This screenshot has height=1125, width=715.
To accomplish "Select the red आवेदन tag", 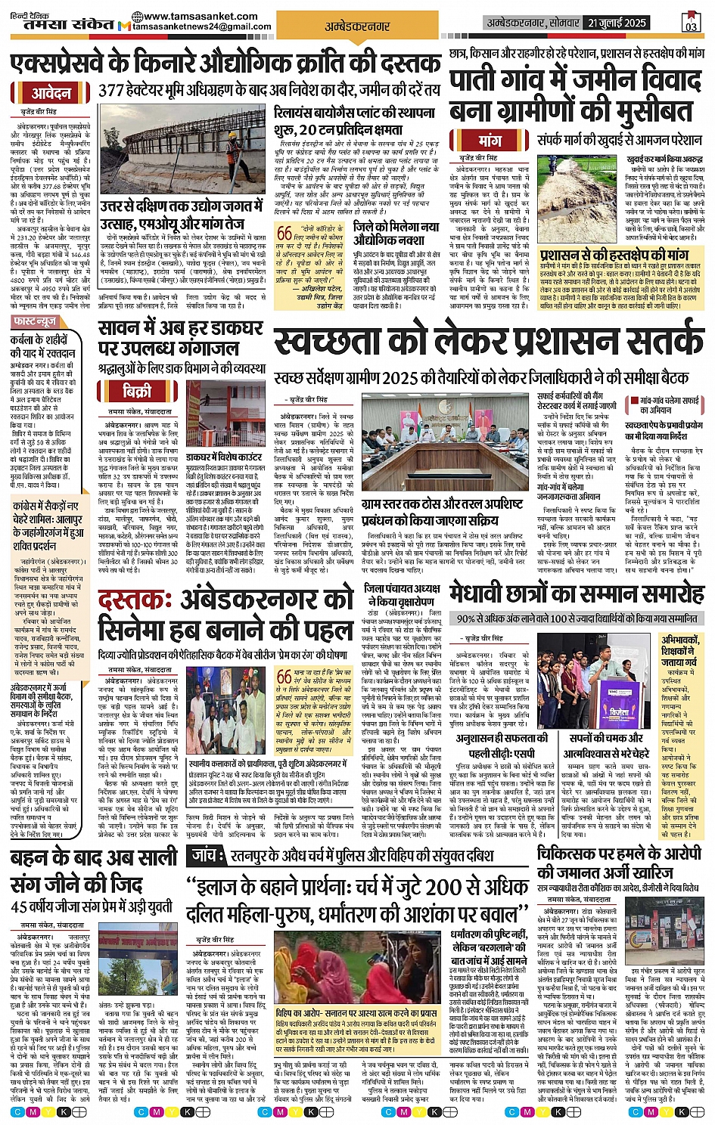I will pos(51,94).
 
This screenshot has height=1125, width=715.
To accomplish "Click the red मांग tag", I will pos(490,141).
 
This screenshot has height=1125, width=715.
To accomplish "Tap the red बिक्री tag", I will pos(136,391).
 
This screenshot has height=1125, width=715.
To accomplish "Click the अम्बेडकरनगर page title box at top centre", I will pos(357,26).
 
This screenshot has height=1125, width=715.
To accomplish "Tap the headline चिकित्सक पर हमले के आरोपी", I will pos(619,853).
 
